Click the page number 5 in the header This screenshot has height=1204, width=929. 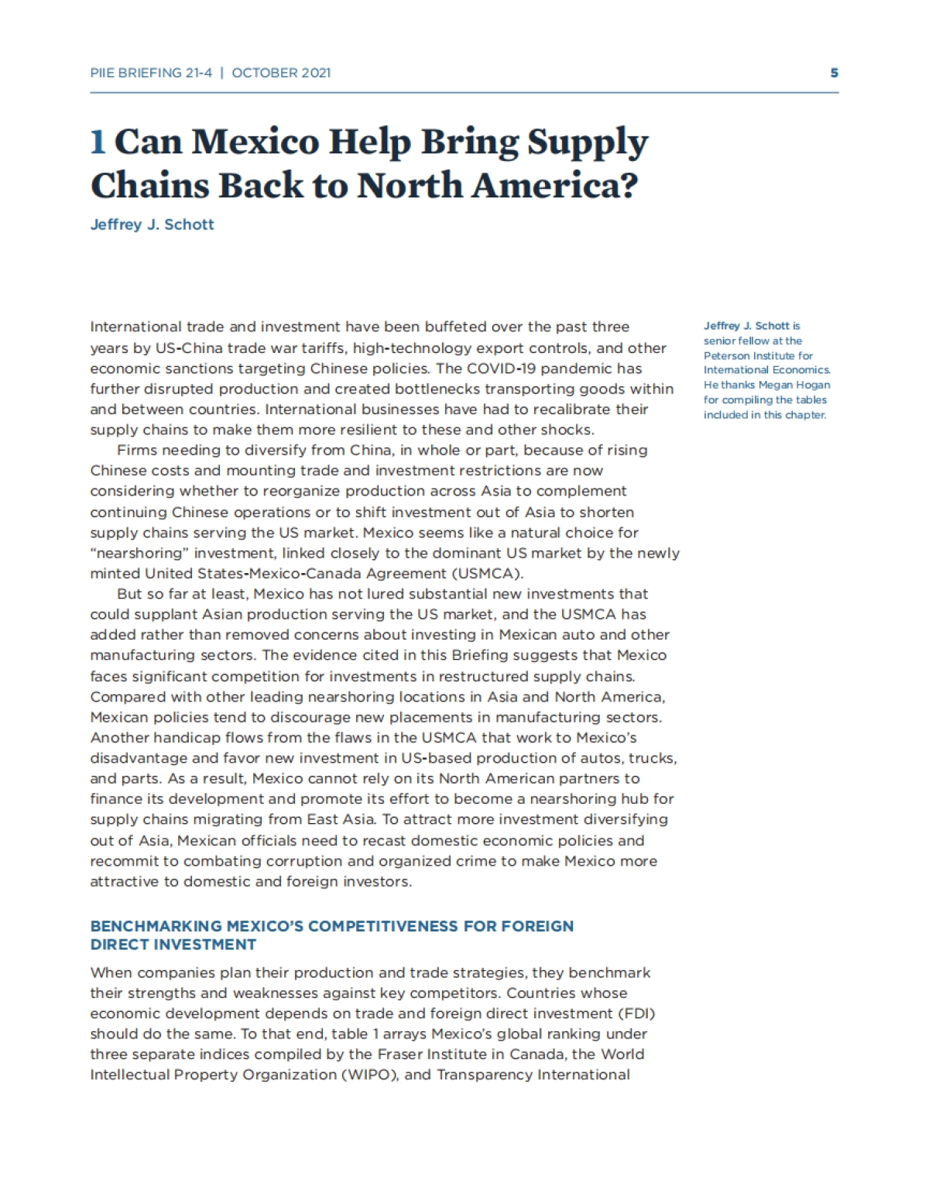[834, 73]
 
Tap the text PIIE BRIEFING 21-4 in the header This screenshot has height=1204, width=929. [150, 73]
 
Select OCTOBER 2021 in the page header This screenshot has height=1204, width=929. [281, 73]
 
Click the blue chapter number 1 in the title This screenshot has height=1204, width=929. [98, 142]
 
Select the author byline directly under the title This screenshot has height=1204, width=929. [152, 225]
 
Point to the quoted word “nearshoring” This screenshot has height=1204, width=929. [139, 553]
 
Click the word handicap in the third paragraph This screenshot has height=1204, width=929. [177, 737]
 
